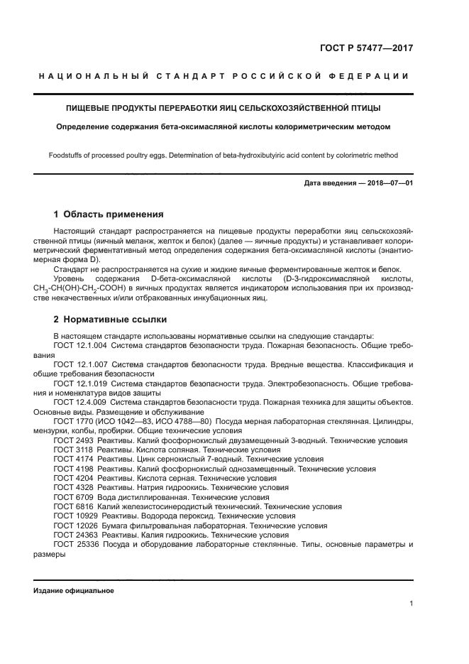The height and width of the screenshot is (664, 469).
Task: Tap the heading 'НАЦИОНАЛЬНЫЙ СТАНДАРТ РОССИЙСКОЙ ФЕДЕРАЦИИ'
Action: [x=224, y=76]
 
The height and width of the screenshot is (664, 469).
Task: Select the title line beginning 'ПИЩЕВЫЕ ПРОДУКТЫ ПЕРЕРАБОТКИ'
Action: [x=224, y=108]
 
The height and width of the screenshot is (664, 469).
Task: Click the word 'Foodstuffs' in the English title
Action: [x=66, y=155]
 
